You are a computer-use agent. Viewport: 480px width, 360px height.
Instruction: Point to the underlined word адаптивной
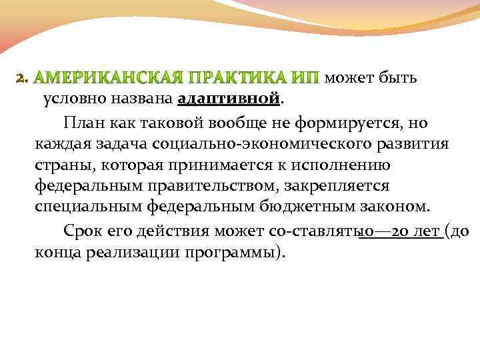(x=229, y=100)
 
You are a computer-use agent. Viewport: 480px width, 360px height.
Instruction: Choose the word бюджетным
(x=293, y=209)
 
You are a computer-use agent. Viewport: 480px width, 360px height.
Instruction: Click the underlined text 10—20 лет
(x=401, y=231)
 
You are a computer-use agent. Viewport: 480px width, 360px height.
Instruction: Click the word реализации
(x=133, y=253)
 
